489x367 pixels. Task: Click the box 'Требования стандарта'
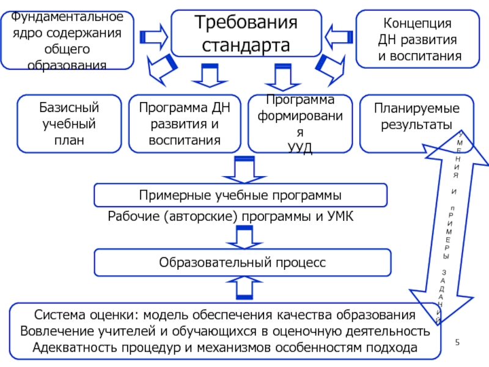tap(246, 34)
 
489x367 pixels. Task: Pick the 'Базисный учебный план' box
tap(69, 124)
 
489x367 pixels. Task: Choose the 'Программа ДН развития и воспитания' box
tap(184, 124)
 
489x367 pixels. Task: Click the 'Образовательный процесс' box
tap(242, 262)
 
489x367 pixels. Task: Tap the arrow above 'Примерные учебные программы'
tap(244, 169)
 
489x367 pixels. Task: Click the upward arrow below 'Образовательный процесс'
tap(244, 288)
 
